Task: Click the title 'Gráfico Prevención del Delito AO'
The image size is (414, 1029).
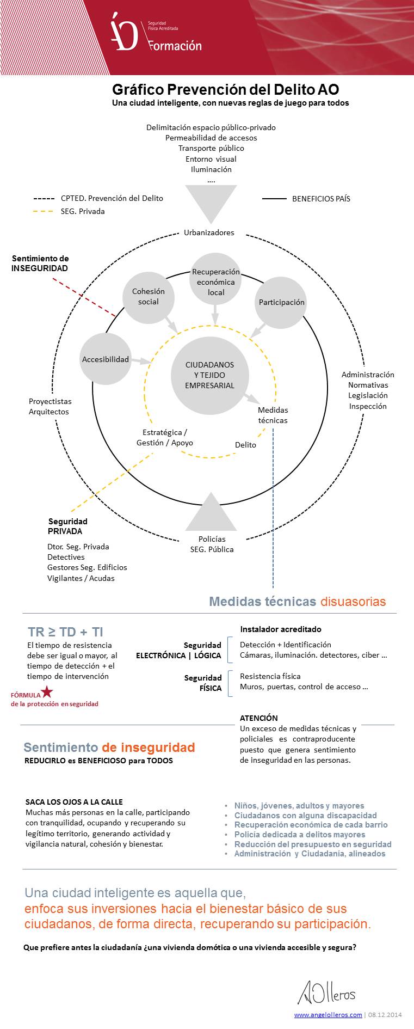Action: pos(225,89)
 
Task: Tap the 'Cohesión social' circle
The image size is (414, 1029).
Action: pos(148,297)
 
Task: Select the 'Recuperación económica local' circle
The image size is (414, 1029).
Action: pos(215,281)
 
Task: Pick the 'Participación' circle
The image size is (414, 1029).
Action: pos(281,302)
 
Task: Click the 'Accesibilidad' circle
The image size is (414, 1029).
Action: pos(105,359)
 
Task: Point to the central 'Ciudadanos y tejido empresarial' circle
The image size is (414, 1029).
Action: pos(209,375)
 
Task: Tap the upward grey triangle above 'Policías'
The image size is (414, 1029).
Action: pos(211,514)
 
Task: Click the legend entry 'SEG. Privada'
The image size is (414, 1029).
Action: pos(83,211)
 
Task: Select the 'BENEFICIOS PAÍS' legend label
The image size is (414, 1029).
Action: pos(321,199)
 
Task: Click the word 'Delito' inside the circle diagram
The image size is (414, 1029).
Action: pos(245,445)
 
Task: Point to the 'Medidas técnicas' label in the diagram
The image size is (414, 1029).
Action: pos(273,415)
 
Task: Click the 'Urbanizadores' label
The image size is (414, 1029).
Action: pos(209,232)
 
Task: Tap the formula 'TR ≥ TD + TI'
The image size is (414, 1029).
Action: pos(65,632)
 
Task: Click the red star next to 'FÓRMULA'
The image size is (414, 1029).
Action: pos(47,692)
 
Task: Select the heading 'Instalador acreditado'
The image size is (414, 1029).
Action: pos(281,629)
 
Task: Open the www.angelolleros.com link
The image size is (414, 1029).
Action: pos(328,1014)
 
